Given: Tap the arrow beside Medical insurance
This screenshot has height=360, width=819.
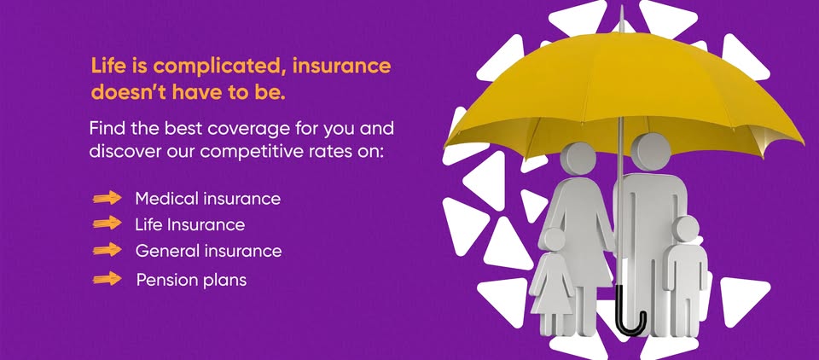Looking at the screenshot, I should [107, 199].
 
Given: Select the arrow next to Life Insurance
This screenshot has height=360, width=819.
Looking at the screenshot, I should [107, 224].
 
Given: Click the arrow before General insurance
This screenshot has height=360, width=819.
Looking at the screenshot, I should [107, 251].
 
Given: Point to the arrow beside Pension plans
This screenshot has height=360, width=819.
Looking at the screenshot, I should [107, 279].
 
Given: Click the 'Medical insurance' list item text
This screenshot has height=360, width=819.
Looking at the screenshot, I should [207, 199].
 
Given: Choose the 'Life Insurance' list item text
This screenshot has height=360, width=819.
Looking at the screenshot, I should [189, 225].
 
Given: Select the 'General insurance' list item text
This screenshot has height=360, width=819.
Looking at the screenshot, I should [208, 252].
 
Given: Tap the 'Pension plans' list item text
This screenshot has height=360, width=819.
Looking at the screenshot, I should [191, 279].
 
